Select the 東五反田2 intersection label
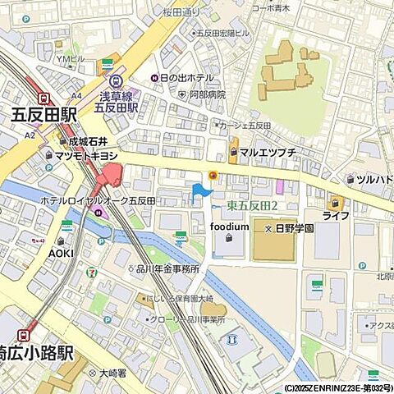coord(252,205)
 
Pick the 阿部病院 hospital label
coord(208,94)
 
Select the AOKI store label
coord(61,253)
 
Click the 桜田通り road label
coord(181,12)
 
